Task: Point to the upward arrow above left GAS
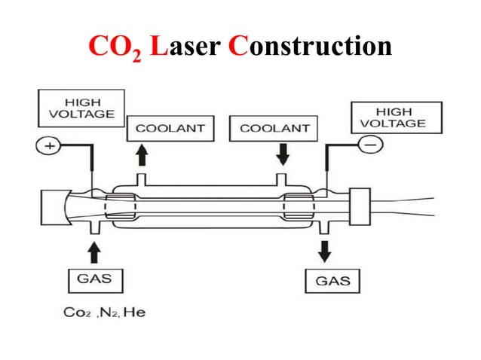(95, 249)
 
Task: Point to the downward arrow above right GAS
(325, 251)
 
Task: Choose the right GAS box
(332, 281)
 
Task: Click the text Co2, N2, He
(104, 312)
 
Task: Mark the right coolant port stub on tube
(281, 178)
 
